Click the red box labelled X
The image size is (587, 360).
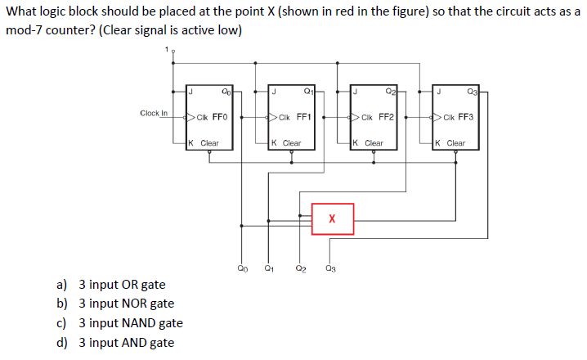pos(332,219)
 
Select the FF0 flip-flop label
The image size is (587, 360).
pos(220,117)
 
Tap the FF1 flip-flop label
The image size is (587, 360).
pos(302,117)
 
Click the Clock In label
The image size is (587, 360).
pos(154,113)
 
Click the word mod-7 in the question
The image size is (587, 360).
pos(25,31)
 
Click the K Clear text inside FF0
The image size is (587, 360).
pos(204,143)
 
